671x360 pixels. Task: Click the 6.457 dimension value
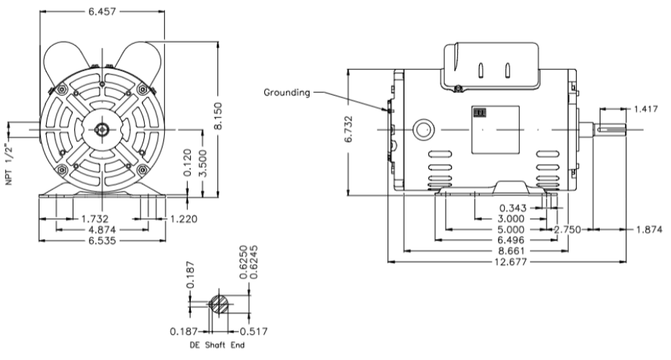(104, 12)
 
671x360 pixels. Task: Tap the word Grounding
(287, 92)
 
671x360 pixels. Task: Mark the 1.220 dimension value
(182, 218)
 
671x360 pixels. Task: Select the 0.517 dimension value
(250, 332)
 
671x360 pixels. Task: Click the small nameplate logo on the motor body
(478, 112)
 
